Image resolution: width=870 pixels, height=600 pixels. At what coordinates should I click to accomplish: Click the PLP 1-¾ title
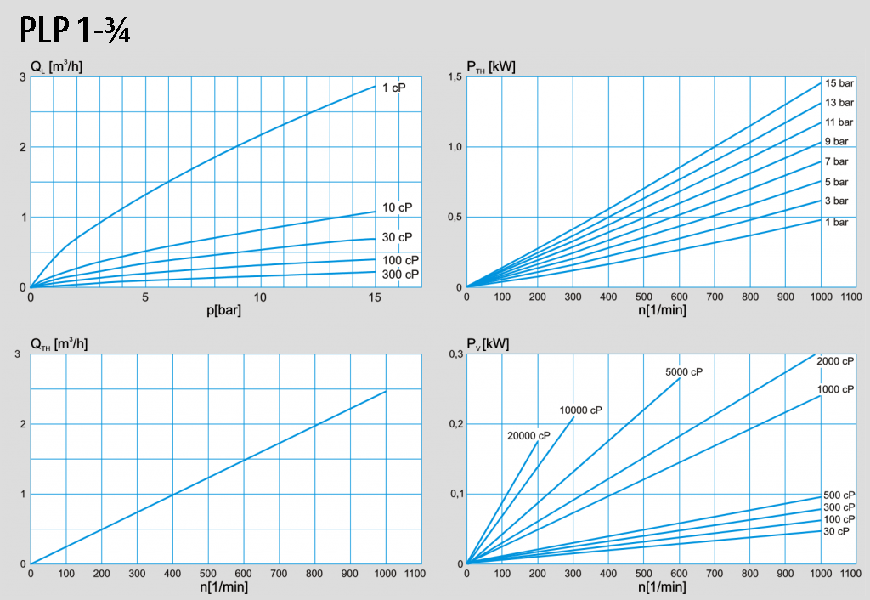[x=74, y=31]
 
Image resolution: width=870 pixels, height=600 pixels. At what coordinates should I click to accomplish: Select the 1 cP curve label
[x=393, y=88]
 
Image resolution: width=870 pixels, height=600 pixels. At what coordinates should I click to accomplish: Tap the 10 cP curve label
[x=397, y=207]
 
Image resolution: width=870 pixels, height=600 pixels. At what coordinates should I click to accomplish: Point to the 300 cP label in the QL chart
[x=400, y=275]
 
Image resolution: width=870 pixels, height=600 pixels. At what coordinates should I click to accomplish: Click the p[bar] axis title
[x=224, y=309]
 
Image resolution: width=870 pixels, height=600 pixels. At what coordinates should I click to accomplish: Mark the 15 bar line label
[x=839, y=83]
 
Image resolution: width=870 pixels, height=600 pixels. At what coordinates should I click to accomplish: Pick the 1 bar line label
[x=836, y=222]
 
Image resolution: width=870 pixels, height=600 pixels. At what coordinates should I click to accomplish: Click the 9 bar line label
[x=836, y=141]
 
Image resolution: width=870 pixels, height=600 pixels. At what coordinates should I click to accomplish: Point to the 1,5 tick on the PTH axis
[x=454, y=77]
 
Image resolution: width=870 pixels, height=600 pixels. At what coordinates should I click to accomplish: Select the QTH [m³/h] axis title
[x=60, y=343]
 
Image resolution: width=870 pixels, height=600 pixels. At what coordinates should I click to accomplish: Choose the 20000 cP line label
[x=528, y=436]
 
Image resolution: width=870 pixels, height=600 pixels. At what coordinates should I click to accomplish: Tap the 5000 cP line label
[x=684, y=371]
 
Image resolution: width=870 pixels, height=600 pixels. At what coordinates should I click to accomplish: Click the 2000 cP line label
[x=835, y=361]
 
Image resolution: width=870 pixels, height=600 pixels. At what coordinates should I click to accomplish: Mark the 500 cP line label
[x=839, y=495]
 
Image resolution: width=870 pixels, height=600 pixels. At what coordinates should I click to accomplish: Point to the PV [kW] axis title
[x=489, y=343]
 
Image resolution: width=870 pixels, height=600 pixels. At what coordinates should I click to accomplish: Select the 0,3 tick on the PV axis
[x=454, y=354]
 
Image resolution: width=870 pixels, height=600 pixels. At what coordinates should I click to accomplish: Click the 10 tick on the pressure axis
[x=260, y=297]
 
